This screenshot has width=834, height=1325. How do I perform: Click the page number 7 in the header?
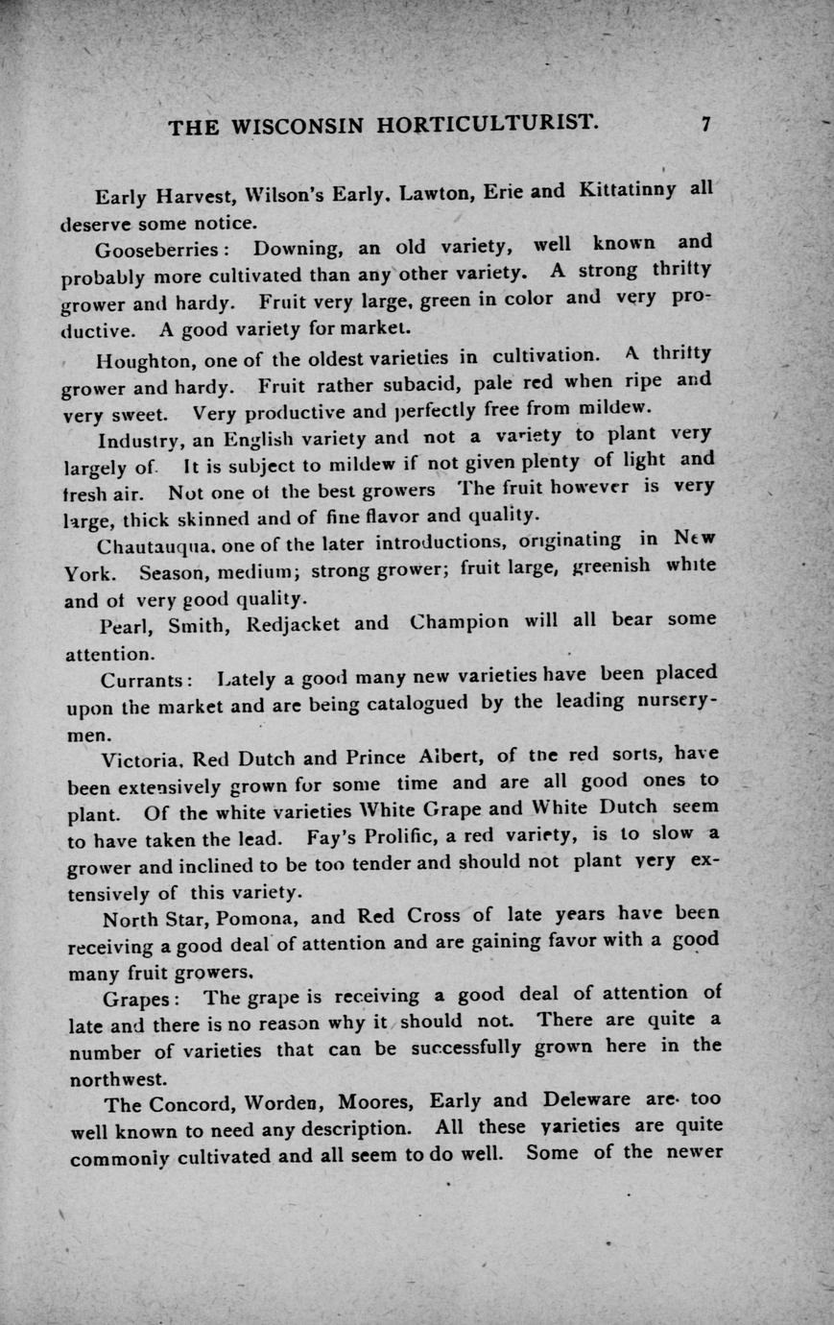(x=705, y=124)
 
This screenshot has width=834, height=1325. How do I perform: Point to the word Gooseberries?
(x=159, y=250)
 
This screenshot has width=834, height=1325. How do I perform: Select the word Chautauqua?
(x=155, y=546)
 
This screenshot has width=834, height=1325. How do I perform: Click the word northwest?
(x=118, y=1078)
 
